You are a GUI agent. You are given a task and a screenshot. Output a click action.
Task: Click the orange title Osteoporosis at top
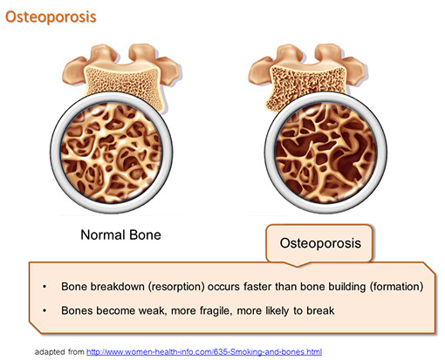click(x=51, y=17)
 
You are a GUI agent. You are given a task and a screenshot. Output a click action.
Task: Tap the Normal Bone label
click(x=120, y=234)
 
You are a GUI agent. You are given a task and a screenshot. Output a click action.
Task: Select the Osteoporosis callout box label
click(x=320, y=243)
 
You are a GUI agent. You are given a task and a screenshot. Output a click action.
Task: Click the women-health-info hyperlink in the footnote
click(x=204, y=352)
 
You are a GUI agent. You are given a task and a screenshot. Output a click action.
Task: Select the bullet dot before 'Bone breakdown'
click(x=44, y=287)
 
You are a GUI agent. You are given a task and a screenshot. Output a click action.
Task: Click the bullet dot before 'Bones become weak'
click(x=44, y=311)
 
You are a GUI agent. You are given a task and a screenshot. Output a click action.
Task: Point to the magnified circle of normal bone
click(x=112, y=153)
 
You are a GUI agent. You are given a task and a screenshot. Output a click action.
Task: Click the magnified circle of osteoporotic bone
click(x=325, y=153)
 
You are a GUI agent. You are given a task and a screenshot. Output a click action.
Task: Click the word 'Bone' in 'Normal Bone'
click(x=145, y=234)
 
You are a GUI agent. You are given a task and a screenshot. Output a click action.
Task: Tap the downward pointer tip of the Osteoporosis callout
click(x=297, y=266)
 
